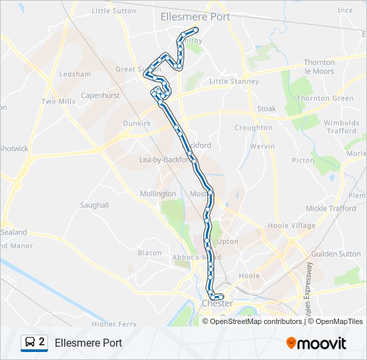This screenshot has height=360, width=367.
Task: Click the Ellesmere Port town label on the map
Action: (x=196, y=17)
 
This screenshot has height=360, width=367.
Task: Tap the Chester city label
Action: (x=217, y=303)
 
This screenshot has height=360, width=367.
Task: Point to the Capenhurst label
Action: (x=100, y=95)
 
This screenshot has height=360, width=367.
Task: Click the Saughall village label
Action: (x=94, y=205)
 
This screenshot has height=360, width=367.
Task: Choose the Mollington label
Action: (x=157, y=193)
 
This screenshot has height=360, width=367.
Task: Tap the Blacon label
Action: (x=149, y=253)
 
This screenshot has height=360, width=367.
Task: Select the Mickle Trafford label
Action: (x=330, y=209)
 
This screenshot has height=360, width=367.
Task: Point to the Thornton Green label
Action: (x=325, y=98)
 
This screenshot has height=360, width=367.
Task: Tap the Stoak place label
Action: (x=266, y=108)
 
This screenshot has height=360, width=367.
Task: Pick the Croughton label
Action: (x=254, y=127)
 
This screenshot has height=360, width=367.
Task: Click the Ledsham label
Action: (x=75, y=74)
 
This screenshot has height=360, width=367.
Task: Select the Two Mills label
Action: (x=58, y=101)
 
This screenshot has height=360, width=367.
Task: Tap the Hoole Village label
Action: (x=291, y=225)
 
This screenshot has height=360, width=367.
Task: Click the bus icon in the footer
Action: (x=30, y=343)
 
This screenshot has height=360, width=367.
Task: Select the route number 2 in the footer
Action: (x=42, y=342)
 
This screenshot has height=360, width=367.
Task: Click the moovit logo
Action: (x=316, y=343)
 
